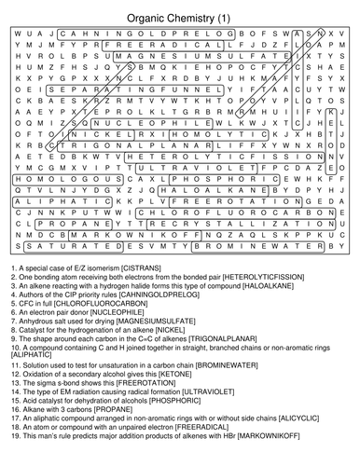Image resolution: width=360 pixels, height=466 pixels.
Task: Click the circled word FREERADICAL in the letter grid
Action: pyautogui.click(x=165, y=44)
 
